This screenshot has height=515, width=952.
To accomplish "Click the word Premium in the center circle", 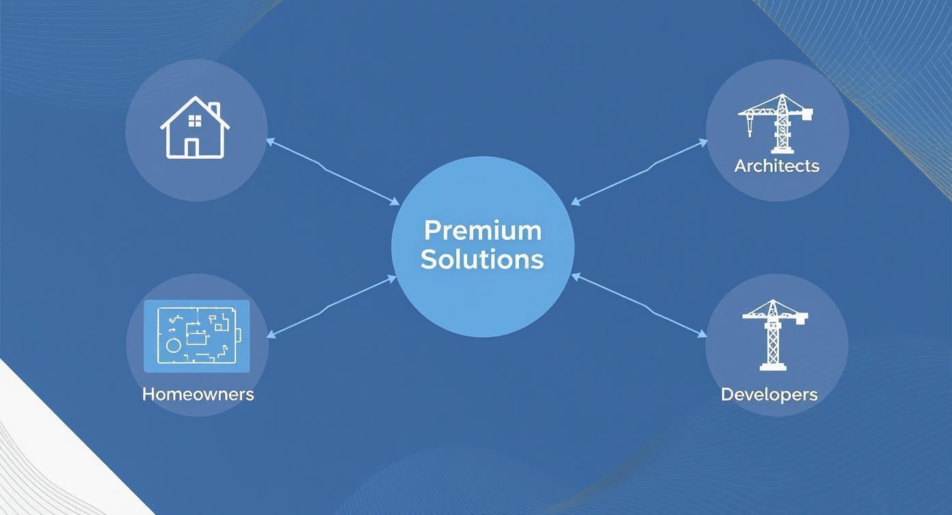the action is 483,231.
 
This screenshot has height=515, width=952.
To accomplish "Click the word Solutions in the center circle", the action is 482,259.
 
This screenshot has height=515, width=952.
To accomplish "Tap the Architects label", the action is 776,166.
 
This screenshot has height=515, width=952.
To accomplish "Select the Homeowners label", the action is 198,394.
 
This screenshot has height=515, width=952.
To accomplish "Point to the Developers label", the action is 769,394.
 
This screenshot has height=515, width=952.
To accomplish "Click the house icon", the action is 195,127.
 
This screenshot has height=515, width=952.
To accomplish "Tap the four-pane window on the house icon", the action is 195,121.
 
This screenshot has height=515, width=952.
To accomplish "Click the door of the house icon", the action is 191,148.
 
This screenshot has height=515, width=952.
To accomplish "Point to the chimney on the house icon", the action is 215,109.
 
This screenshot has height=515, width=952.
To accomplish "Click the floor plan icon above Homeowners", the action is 197,336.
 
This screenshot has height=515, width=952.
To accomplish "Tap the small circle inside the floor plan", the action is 173,346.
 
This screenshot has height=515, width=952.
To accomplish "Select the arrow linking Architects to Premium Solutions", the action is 639,173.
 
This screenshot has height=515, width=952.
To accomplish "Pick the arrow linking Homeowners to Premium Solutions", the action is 332,307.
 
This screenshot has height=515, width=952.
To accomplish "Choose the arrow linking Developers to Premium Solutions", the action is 639,305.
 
